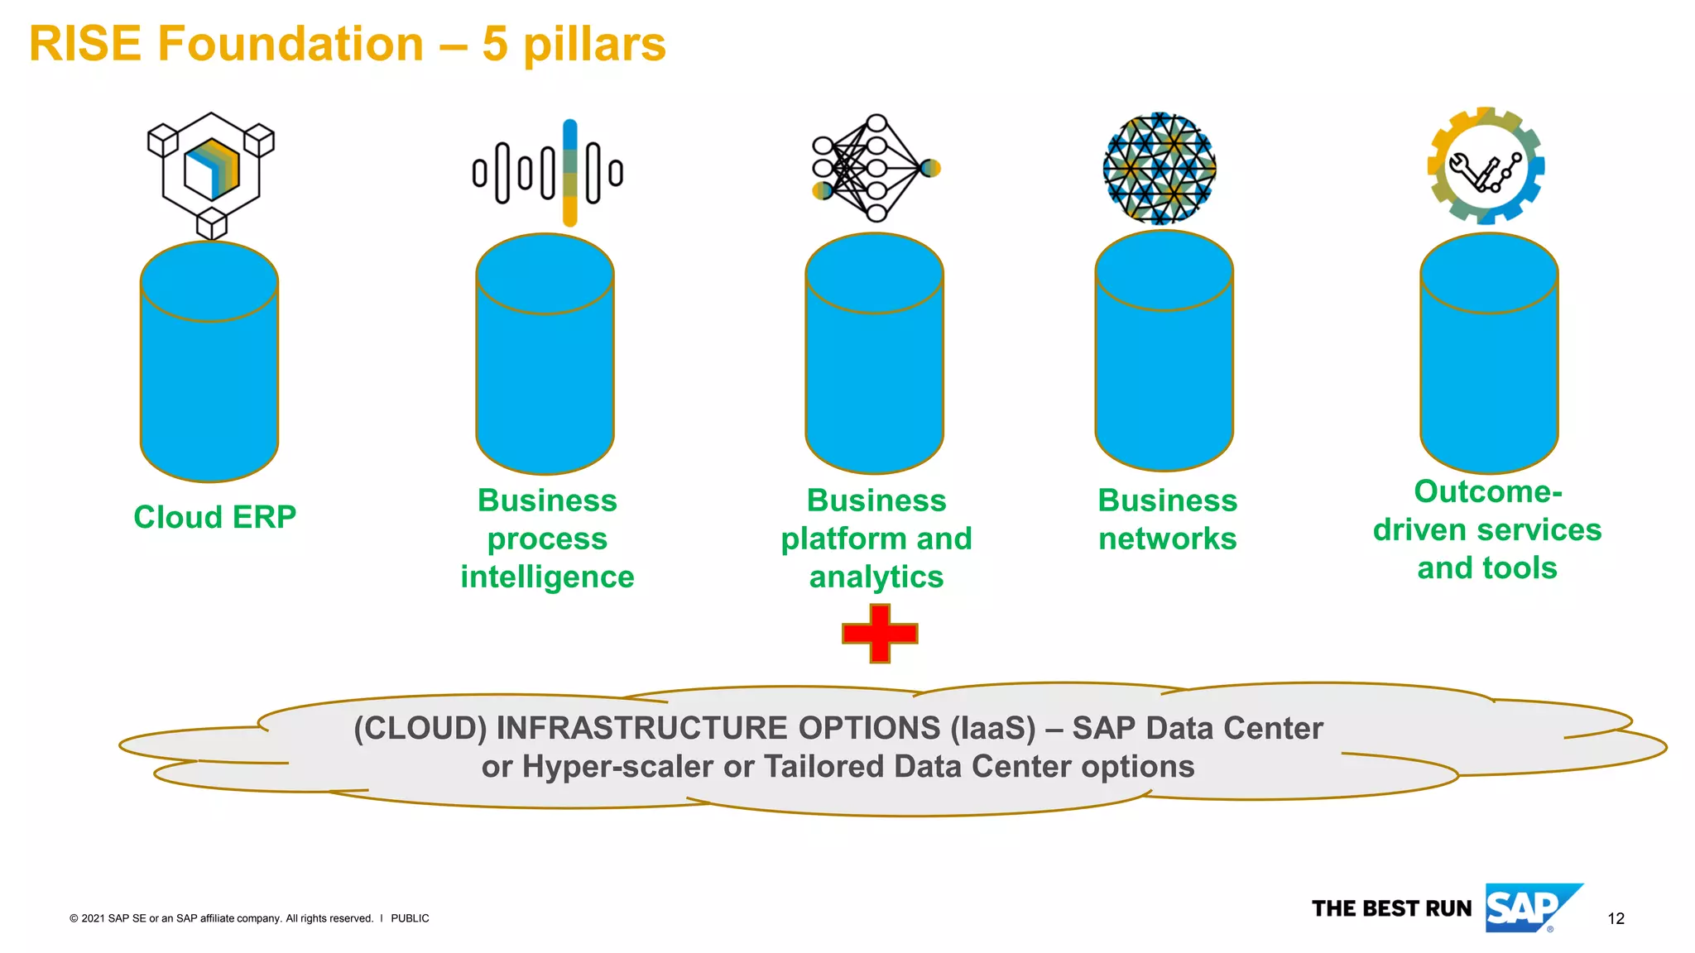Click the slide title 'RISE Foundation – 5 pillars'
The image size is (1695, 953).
click(x=347, y=44)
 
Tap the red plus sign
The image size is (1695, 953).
click(x=879, y=634)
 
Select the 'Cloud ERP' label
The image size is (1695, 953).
click(x=215, y=517)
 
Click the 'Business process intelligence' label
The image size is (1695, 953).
click(x=547, y=539)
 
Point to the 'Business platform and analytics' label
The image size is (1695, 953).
click(x=876, y=539)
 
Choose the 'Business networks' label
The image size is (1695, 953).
click(x=1167, y=520)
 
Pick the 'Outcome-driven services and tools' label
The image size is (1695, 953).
click(x=1487, y=529)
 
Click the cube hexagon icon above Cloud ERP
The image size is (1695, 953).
click(x=211, y=174)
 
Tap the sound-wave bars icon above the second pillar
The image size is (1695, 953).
click(x=548, y=173)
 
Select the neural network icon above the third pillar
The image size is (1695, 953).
click(x=875, y=169)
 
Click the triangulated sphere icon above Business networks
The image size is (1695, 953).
click(x=1160, y=169)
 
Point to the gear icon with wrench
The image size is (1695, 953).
click(x=1486, y=166)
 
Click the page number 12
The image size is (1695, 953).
click(x=1616, y=918)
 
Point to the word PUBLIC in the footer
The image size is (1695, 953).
click(x=410, y=918)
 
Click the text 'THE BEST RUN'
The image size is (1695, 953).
click(x=1391, y=908)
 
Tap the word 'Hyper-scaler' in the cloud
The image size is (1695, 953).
click(x=617, y=767)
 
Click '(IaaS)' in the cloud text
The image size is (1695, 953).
click(x=992, y=729)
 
